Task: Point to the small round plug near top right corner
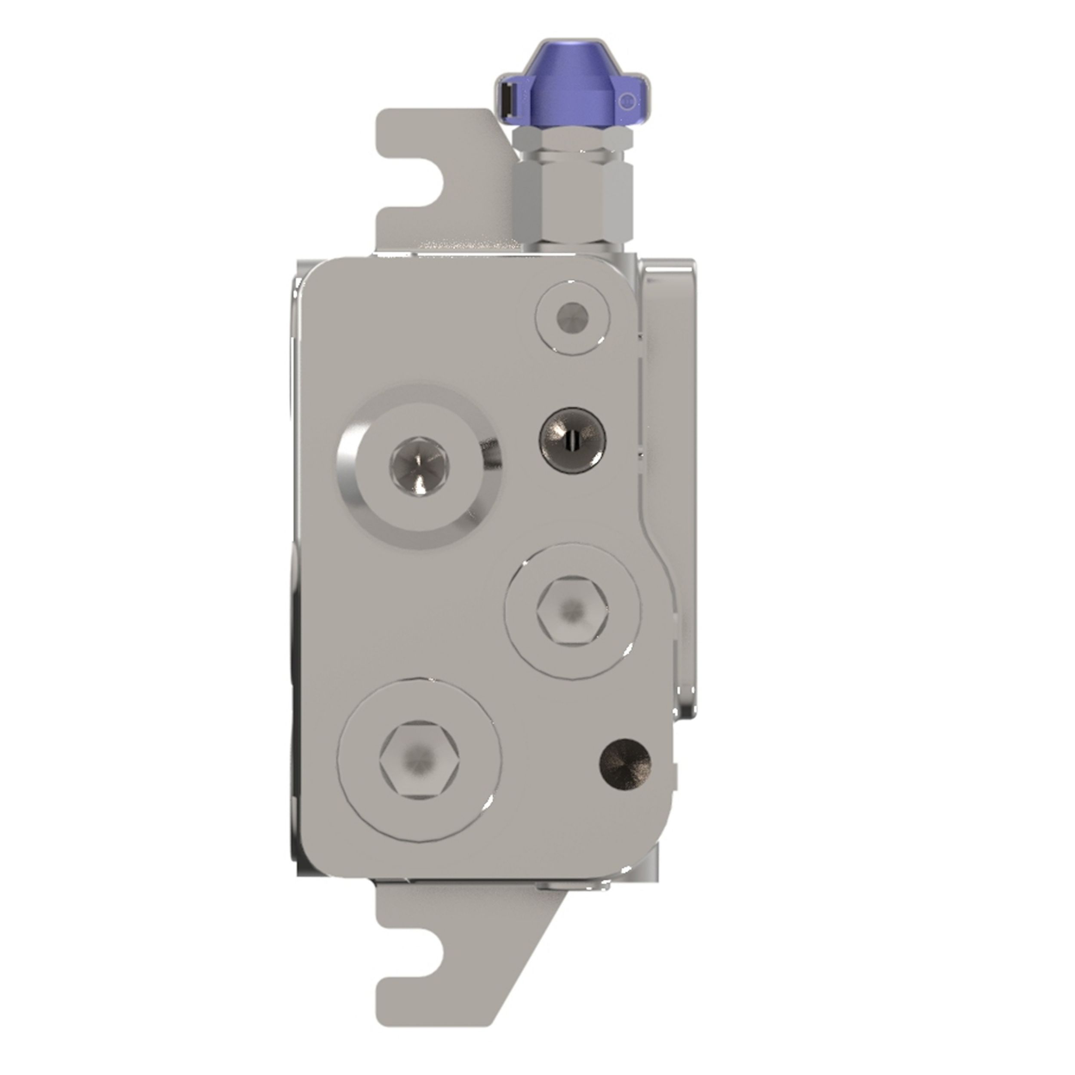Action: pos(571,319)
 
